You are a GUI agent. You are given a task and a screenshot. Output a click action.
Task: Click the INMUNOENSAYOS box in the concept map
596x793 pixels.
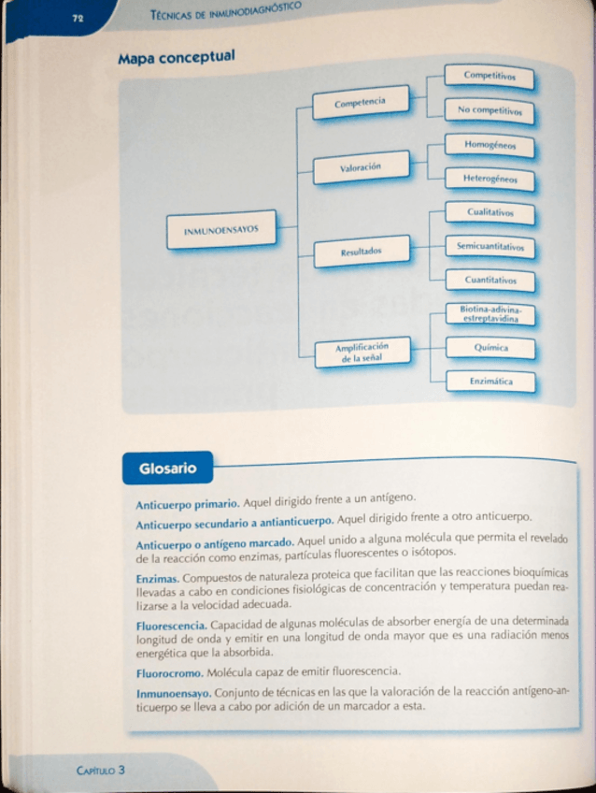(x=221, y=228)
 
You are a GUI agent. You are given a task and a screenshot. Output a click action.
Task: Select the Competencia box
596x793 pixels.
(x=360, y=101)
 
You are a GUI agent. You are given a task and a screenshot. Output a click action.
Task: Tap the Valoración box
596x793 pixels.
(x=361, y=167)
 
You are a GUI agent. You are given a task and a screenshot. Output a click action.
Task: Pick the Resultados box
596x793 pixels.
(x=361, y=251)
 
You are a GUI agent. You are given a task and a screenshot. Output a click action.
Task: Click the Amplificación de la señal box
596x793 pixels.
(x=362, y=352)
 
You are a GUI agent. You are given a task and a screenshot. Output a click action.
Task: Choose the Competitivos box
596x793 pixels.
(x=490, y=76)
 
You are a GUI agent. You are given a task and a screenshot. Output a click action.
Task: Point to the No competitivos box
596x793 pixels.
(x=490, y=110)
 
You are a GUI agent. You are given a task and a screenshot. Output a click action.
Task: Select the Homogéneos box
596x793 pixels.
(x=490, y=146)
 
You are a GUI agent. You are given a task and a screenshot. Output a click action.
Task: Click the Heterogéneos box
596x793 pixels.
(x=490, y=178)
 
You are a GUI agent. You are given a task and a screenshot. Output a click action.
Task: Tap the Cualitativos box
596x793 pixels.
(x=490, y=213)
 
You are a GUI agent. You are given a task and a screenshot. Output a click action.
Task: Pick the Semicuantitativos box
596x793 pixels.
(x=490, y=248)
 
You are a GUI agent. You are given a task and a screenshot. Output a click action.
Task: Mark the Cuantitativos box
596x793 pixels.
(x=490, y=280)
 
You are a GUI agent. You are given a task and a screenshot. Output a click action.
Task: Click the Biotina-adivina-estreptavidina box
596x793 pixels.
(x=490, y=313)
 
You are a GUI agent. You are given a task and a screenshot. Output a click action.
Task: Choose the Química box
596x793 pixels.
(x=490, y=348)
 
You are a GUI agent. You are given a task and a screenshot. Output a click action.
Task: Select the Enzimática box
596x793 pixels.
(x=490, y=382)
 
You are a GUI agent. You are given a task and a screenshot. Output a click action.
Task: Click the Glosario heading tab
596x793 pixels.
(x=168, y=468)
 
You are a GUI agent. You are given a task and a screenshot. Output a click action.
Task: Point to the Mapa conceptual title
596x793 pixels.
(x=176, y=58)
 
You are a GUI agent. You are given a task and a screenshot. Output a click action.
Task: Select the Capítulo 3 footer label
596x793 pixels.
(x=103, y=770)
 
